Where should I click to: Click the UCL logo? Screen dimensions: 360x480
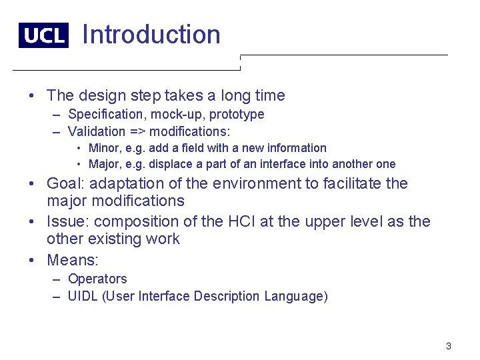43,35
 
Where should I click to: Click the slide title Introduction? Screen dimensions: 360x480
151,35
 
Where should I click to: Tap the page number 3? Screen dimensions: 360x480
449,346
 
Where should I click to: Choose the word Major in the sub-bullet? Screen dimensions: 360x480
103,164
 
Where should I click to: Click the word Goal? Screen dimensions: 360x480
65,183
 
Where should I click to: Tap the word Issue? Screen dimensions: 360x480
67,221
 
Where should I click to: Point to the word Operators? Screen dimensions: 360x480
97,279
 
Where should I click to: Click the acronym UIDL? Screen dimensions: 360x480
83,296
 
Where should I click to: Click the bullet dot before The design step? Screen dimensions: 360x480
33,96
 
